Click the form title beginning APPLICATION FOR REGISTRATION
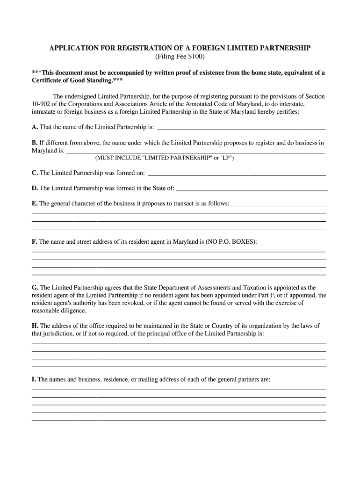[x=180, y=49]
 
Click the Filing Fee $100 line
[x=180, y=57]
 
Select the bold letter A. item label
[x=35, y=127]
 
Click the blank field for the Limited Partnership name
[x=242, y=127]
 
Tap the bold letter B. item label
[x=35, y=143]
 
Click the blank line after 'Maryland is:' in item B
[x=195, y=151]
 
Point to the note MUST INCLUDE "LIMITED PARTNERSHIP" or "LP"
[x=164, y=158]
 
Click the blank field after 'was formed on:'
[x=237, y=173]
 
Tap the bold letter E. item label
[x=35, y=203]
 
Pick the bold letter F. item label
[x=34, y=242]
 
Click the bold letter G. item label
[x=35, y=288]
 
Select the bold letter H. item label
[x=35, y=326]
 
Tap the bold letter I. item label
[x=34, y=380]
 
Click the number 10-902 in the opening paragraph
[x=41, y=104]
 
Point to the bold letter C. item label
[x=35, y=173]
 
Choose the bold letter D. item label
[x=35, y=188]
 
